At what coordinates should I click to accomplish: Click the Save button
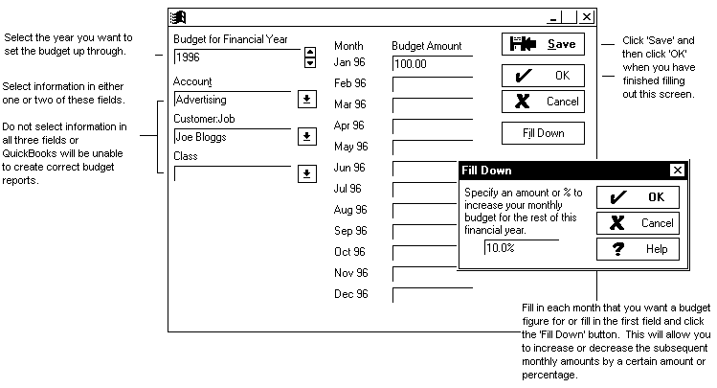(543, 44)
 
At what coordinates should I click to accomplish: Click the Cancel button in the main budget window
(543, 102)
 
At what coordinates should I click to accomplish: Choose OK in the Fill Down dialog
(638, 197)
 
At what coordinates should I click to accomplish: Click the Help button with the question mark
(638, 249)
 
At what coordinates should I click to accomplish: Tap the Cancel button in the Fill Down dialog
(638, 223)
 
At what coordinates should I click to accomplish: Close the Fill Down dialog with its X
(678, 171)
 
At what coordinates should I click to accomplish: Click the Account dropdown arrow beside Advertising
(306, 99)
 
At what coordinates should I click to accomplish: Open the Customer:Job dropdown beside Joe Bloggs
(306, 137)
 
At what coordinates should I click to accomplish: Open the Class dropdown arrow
(306, 173)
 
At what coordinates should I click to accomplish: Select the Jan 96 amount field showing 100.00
(431, 63)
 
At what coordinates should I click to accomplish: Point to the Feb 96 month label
(350, 83)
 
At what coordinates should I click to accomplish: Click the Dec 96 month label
(350, 294)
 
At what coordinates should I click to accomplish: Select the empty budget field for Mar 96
(432, 104)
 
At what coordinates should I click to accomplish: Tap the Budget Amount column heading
(427, 46)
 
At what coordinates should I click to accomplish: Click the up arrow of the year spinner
(309, 52)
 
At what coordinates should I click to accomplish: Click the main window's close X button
(586, 17)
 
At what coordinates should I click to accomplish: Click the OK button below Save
(543, 75)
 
